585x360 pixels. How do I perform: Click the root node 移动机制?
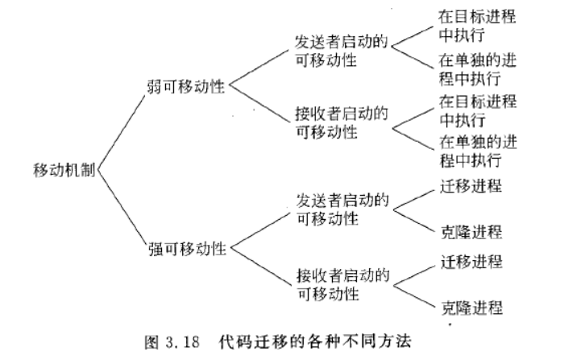(64, 170)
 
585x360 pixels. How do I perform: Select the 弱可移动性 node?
(186, 86)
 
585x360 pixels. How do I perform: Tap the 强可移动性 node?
(187, 249)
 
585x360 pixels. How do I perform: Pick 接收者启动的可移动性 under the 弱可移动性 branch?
(342, 122)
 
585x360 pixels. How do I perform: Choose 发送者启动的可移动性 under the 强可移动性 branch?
(342, 209)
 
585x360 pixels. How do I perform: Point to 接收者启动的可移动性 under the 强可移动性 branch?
(343, 284)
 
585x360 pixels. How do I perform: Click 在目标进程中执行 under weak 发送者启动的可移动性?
(477, 26)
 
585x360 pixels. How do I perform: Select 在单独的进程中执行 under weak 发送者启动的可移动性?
(478, 69)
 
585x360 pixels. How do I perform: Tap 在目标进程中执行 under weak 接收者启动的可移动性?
(478, 111)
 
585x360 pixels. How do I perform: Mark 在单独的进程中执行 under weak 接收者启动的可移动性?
(478, 151)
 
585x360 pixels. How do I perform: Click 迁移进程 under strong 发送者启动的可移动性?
(471, 186)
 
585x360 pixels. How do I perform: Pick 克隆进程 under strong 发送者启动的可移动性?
(471, 232)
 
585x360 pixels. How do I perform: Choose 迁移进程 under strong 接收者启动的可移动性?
(471, 262)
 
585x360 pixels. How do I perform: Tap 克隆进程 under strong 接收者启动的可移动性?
(472, 308)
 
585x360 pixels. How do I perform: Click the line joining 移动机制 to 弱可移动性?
(121, 133)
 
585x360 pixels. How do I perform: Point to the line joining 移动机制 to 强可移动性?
(121, 208)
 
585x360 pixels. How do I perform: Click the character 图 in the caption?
(151, 342)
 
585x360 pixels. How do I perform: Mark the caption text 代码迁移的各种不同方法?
(315, 341)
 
